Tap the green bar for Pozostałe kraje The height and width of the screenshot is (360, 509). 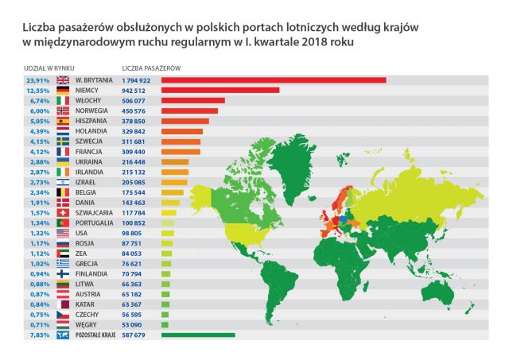click(198, 335)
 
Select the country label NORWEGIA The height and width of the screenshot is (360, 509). click(94, 111)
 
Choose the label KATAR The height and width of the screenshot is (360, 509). click(87, 304)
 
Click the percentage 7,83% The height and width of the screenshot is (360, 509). click(39, 335)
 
